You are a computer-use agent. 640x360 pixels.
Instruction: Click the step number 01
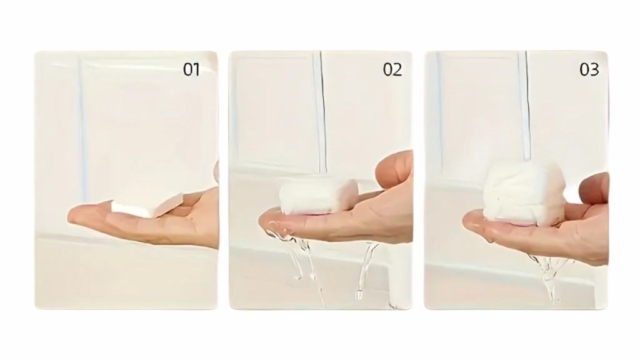click(191, 70)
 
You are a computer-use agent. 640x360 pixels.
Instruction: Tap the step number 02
click(392, 70)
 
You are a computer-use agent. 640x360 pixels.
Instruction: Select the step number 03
click(589, 70)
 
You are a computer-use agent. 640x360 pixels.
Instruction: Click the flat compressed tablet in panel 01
click(147, 206)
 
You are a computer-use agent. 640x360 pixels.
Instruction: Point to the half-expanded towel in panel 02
click(319, 198)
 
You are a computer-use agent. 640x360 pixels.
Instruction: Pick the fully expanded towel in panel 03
click(524, 192)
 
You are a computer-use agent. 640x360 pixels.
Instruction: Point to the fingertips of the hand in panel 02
click(269, 222)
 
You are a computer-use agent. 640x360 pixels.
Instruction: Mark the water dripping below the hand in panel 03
click(549, 277)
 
